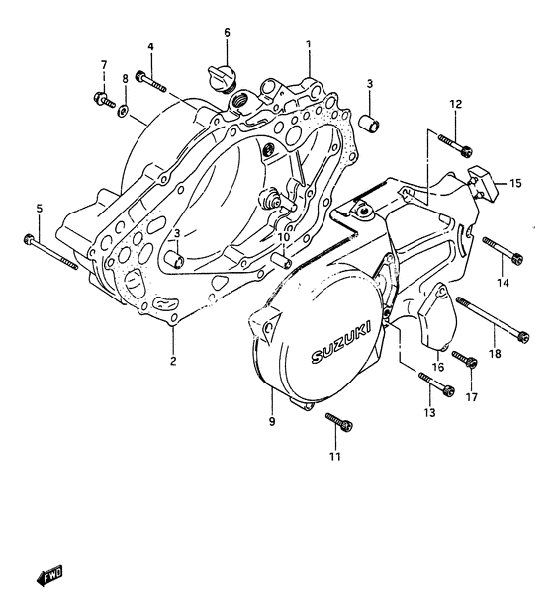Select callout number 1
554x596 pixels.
pyautogui.click(x=308, y=44)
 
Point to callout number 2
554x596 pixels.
pyautogui.click(x=172, y=361)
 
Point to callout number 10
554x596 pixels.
pyautogui.click(x=283, y=237)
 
